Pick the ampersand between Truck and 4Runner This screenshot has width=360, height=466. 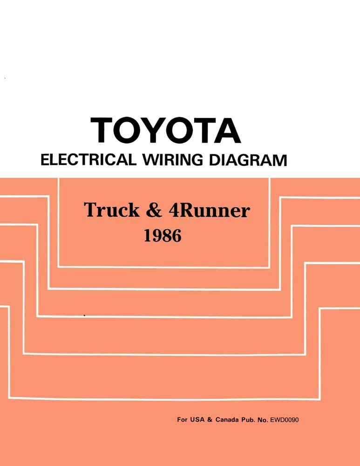click(154, 211)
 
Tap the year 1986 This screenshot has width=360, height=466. click(162, 236)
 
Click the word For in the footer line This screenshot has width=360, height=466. click(182, 420)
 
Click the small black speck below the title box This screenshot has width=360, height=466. click(84, 315)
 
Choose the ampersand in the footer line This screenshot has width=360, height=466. click(210, 420)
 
